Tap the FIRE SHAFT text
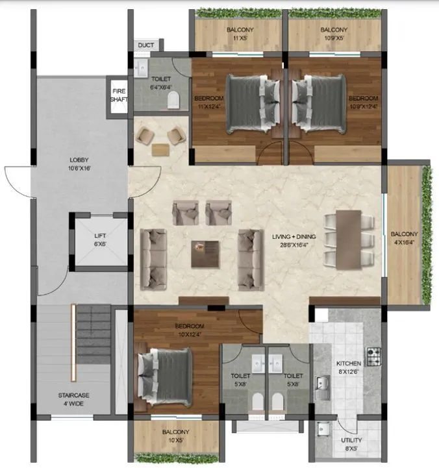[119, 95]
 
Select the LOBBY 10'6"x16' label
[79, 164]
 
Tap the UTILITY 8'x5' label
[352, 444]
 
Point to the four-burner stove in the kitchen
[374, 356]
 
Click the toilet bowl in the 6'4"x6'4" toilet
[173, 99]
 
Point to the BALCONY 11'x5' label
[240, 34]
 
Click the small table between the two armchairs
[160, 149]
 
